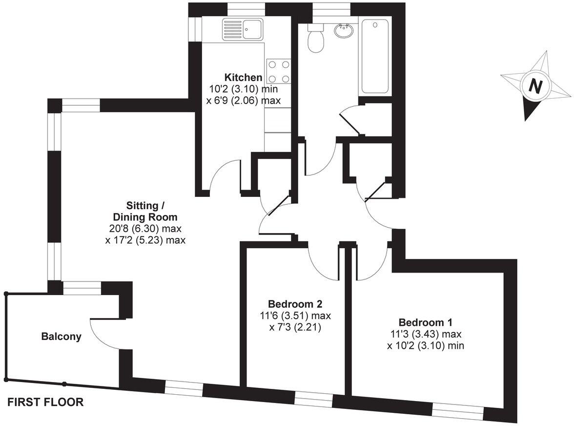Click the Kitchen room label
click(x=243, y=77)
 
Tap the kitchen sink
click(x=243, y=29)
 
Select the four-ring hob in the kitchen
click(x=279, y=71)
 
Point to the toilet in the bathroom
click(x=315, y=38)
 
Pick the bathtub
click(x=374, y=57)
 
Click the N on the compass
click(x=536, y=85)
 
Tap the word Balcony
click(x=61, y=336)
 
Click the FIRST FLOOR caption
click(x=45, y=403)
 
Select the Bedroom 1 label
click(x=425, y=322)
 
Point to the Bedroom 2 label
click(x=295, y=303)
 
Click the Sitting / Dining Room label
click(x=145, y=211)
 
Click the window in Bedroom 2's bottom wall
click(x=314, y=400)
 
